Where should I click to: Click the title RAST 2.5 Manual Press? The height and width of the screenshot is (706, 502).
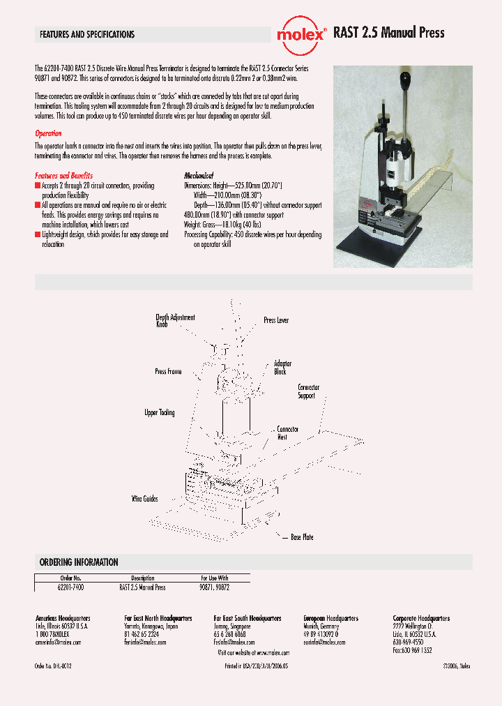tap(388, 33)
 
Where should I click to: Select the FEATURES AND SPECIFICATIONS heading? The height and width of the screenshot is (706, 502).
tap(87, 34)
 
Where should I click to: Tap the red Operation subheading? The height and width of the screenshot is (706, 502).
tap(48, 133)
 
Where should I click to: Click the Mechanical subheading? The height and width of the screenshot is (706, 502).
tap(199, 176)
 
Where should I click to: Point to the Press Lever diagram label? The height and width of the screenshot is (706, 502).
tap(276, 320)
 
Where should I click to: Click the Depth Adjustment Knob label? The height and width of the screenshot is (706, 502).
tap(171, 321)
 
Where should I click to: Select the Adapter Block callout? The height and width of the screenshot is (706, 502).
tap(282, 368)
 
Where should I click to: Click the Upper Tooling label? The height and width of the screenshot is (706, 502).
tap(160, 413)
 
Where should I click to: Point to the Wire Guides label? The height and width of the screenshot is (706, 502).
tap(145, 499)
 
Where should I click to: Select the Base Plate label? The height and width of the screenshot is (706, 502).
tap(302, 537)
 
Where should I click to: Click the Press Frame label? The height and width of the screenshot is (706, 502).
tap(168, 372)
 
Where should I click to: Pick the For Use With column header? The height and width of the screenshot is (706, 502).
tap(213, 578)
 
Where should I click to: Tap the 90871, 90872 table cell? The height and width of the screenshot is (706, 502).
tap(213, 588)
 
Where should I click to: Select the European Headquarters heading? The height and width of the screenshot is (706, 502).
tap(331, 619)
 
